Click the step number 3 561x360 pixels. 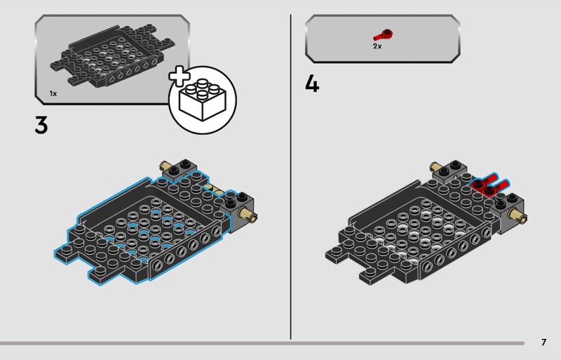point(41,126)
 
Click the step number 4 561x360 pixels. point(312,85)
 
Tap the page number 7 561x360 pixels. point(544,342)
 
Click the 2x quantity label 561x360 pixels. point(377,46)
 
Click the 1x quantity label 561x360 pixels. point(53,93)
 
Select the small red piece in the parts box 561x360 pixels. point(383,35)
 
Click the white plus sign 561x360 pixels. point(180,76)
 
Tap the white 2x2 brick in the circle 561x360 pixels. point(203,99)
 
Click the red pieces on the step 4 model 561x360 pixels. point(489,185)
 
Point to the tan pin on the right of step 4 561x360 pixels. point(518,215)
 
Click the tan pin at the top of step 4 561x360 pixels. point(435,166)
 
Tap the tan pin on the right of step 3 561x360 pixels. point(248,214)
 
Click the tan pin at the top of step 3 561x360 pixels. point(165,166)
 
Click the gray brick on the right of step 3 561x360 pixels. point(238,212)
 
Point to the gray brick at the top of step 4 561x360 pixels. point(450,171)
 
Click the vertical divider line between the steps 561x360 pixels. point(290,177)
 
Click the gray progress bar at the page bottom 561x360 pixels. point(262,343)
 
